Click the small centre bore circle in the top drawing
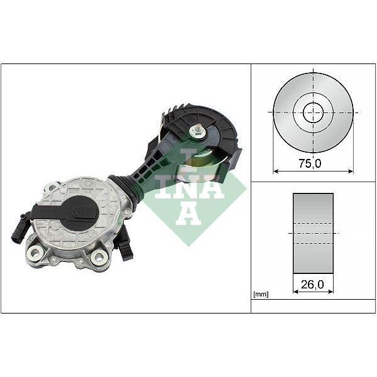pyautogui.click(x=313, y=113)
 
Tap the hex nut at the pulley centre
pyautogui.click(x=198, y=131)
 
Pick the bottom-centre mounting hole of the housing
pyautogui.click(x=98, y=256)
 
